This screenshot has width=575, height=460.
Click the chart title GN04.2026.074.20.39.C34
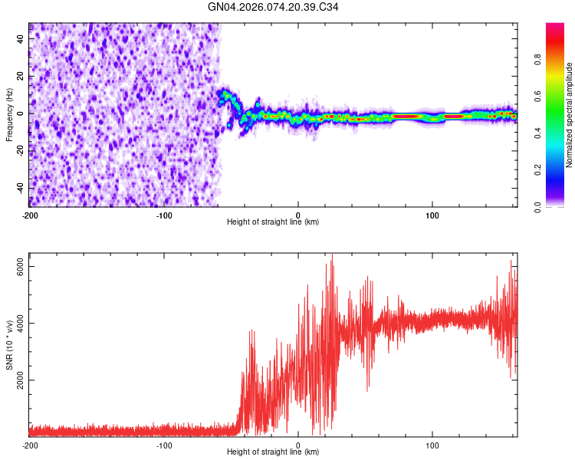click(x=273, y=7)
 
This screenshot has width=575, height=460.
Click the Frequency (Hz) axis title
click(x=9, y=114)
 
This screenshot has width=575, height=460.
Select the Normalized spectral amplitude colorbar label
click(x=570, y=115)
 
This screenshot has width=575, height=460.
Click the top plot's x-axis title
click(x=273, y=222)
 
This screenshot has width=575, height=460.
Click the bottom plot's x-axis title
click(x=273, y=452)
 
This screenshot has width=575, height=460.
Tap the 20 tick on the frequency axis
click(x=21, y=76)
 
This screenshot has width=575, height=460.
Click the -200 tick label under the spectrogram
click(x=29, y=213)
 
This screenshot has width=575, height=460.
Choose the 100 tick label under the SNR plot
click(x=432, y=444)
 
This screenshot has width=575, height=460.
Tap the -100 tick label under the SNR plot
click(x=164, y=444)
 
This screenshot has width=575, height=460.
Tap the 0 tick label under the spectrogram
click(x=298, y=213)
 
